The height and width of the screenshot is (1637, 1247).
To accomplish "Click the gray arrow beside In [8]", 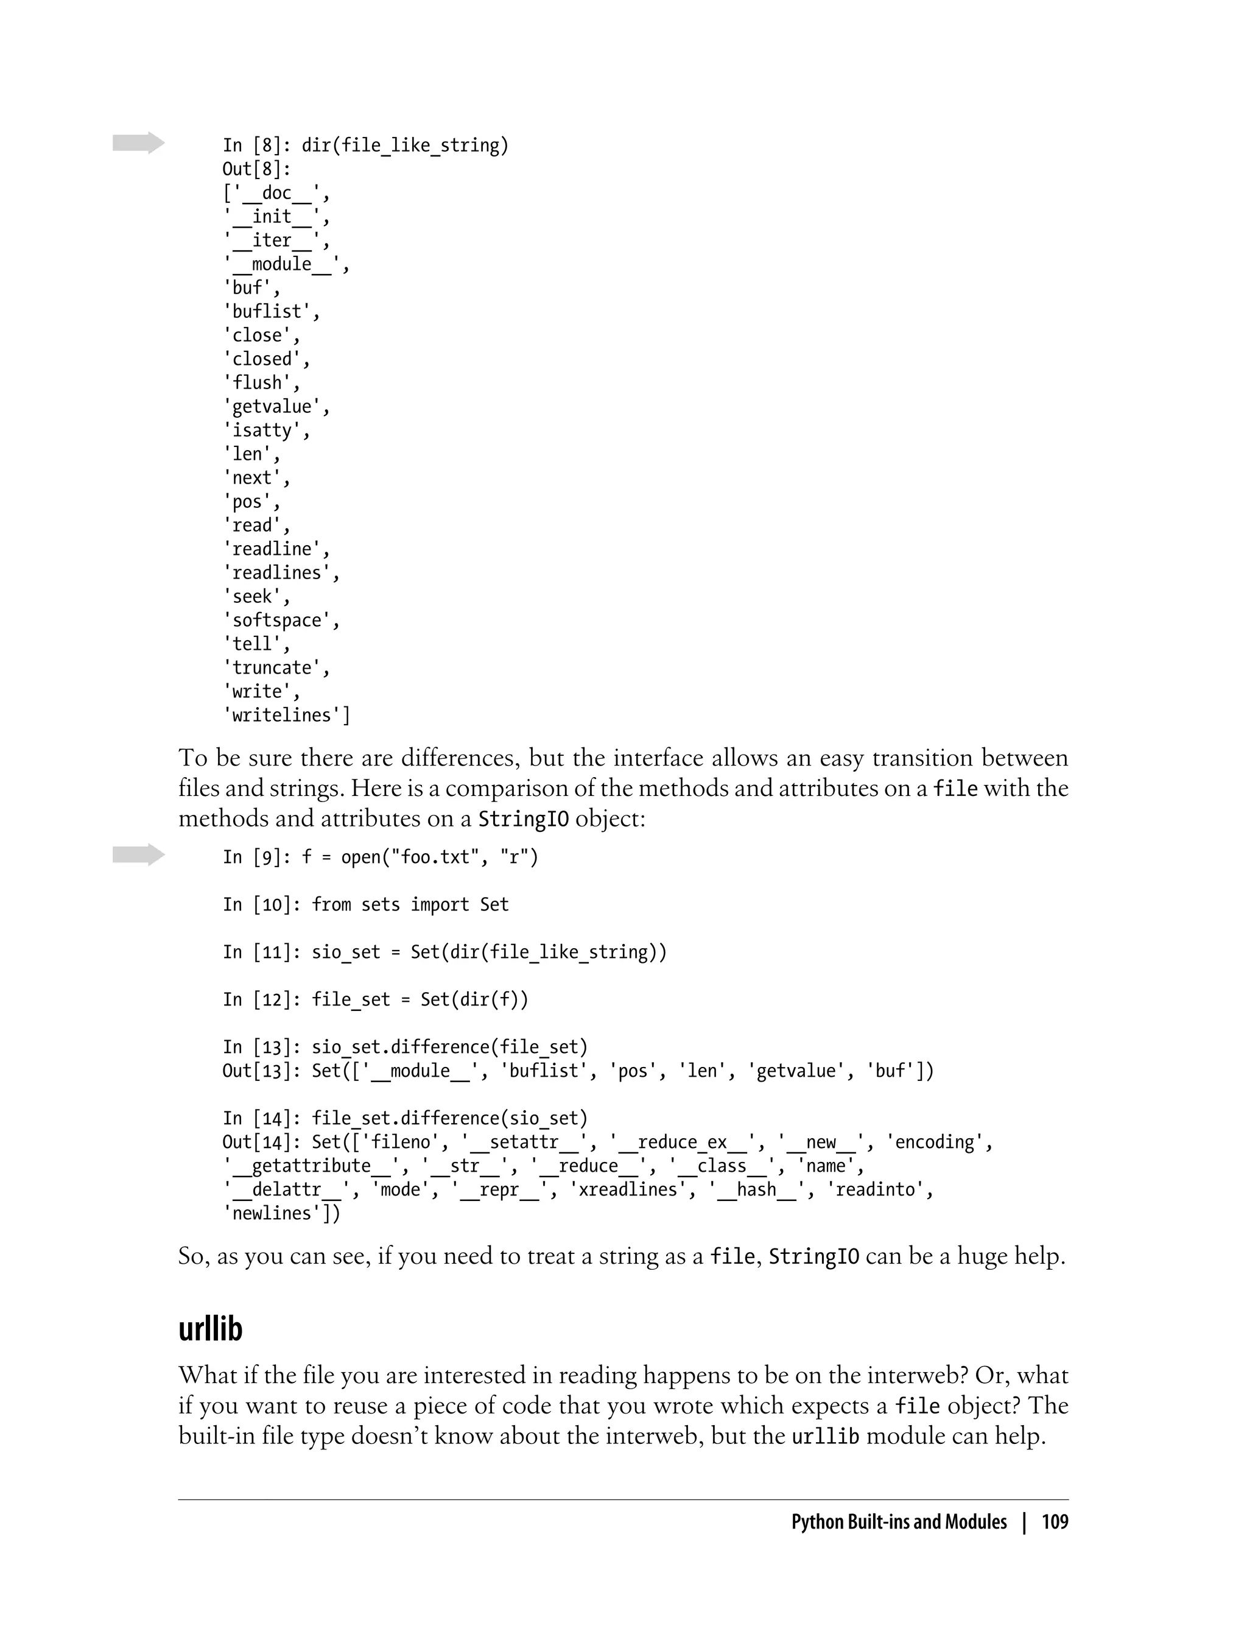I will [139, 143].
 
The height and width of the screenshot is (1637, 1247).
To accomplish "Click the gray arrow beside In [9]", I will [139, 854].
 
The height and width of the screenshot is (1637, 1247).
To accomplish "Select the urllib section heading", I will [210, 1328].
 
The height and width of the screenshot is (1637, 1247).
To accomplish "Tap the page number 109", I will [1055, 1522].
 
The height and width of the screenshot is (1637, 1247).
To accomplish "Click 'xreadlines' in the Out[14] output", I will [628, 1189].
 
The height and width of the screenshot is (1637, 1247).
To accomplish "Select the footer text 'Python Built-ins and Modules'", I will [898, 1522].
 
